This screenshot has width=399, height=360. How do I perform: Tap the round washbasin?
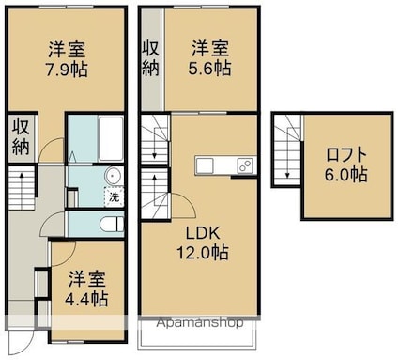114,175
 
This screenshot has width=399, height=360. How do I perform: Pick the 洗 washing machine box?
114,198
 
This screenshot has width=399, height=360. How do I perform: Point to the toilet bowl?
110,224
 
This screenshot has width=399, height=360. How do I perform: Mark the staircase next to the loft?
285,156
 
